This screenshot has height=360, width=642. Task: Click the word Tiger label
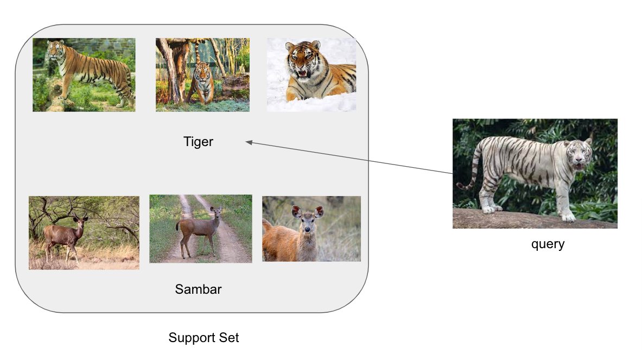coord(198,142)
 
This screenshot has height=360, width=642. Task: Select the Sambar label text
coord(198,289)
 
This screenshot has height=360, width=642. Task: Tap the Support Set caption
coord(204,338)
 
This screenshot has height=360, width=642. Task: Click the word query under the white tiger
coord(548,244)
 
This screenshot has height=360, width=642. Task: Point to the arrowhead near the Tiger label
coord(249,142)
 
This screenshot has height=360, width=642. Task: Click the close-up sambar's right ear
coord(319,211)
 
